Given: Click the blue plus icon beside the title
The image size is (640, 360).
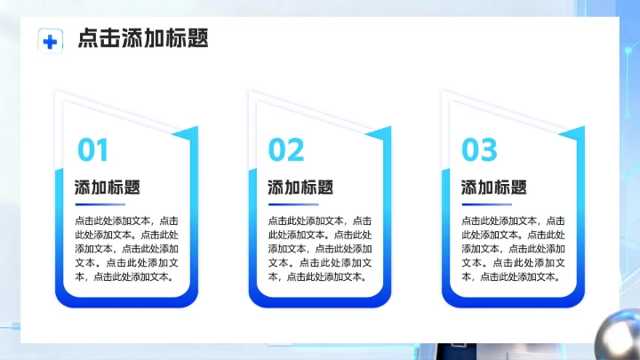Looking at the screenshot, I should tap(50, 40).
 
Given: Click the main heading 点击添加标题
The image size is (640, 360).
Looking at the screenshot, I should tap(143, 39).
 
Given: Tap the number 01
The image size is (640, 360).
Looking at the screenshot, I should tap(93, 151).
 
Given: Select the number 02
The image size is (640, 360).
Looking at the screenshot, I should tap(286, 151).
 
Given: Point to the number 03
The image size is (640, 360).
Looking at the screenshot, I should tap(479, 151).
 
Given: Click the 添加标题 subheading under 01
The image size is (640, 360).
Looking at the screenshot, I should tap(108, 188).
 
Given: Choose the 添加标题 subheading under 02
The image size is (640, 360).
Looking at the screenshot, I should tap(300, 188).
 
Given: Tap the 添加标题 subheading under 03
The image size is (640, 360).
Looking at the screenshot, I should tap(493, 188).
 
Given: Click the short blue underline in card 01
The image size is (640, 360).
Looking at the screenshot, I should tap(92, 204).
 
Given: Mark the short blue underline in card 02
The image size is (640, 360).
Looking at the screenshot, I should tap(285, 204).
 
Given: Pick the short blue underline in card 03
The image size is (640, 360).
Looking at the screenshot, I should tap(478, 204).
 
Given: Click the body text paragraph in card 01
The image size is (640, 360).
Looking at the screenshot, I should tap(127, 248).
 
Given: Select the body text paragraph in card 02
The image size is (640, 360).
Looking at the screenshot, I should tap(320, 248).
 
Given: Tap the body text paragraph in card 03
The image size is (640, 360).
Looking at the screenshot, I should tap(513, 248).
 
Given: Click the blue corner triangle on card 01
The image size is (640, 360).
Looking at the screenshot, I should tap(188, 134).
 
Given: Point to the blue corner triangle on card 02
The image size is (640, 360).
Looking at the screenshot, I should tap(380, 134).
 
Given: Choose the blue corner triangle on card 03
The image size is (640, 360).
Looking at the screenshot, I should tap(573, 134).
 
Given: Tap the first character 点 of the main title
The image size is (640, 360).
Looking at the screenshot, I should tap(88, 39).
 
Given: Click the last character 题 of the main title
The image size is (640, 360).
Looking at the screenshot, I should tap(197, 39).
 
